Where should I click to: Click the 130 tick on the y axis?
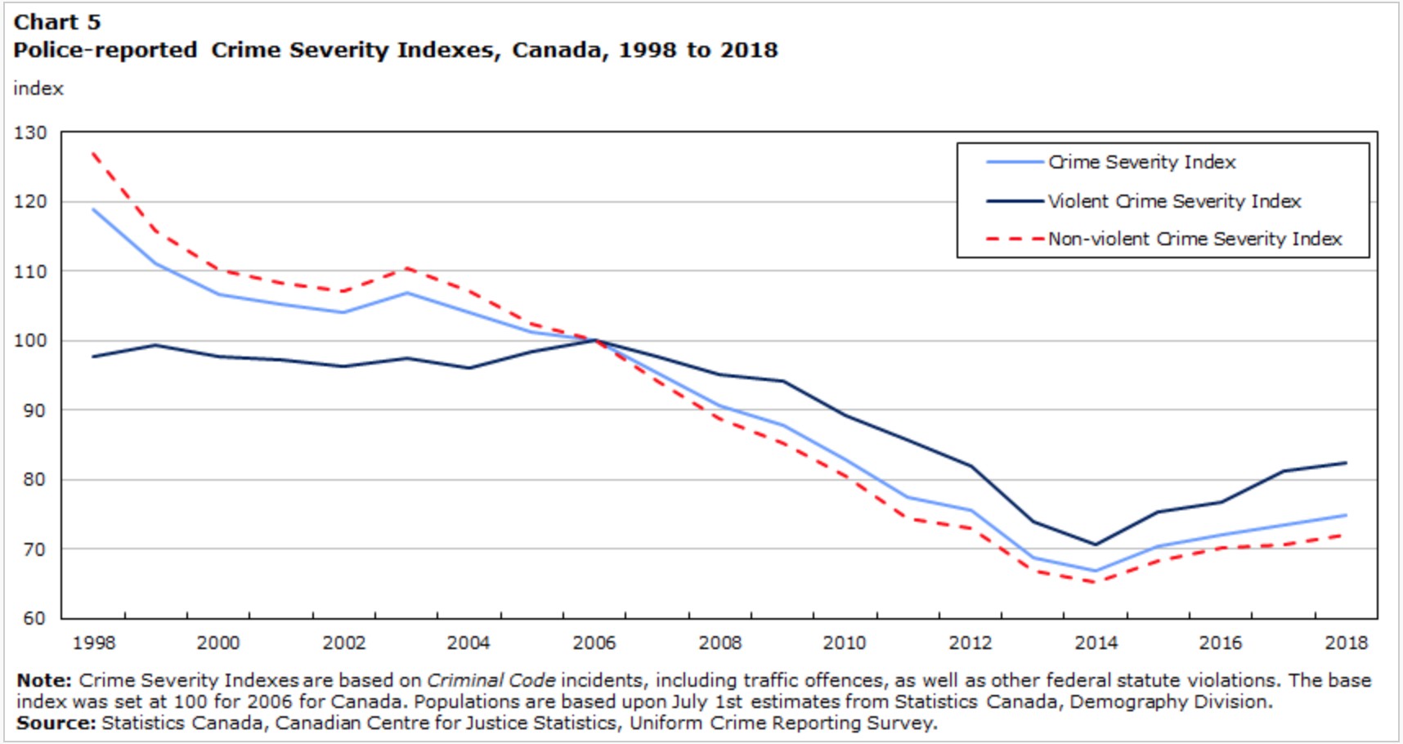tap(30, 132)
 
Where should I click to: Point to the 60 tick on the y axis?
tap(34, 618)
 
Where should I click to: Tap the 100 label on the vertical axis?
tap(30, 341)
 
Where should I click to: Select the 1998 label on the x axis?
tap(94, 643)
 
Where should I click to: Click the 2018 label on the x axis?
tap(1346, 643)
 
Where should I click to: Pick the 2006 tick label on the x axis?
tap(594, 643)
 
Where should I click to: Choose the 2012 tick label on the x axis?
tap(970, 643)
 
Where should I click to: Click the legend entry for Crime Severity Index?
tap(1141, 163)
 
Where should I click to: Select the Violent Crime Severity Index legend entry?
tap(1174, 201)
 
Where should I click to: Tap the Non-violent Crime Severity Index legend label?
tap(1195, 239)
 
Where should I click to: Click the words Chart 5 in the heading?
tap(56, 22)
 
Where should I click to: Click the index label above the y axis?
tap(38, 88)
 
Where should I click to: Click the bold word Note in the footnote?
tap(43, 680)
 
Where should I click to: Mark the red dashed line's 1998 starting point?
tap(94, 153)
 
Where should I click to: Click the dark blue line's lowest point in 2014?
tap(1096, 545)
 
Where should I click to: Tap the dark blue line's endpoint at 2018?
tap(1346, 463)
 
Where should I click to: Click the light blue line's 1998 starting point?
tap(94, 209)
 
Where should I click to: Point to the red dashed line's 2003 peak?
tap(407, 268)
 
